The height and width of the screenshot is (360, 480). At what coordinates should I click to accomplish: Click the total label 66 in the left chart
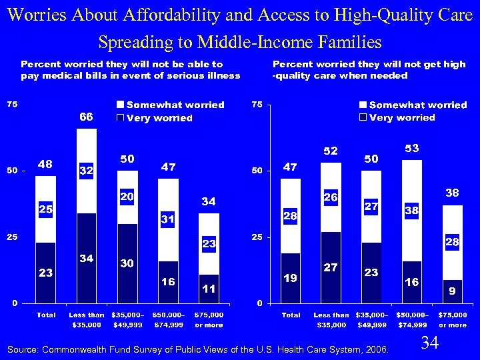[86, 117]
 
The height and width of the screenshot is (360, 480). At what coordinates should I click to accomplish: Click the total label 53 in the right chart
[412, 147]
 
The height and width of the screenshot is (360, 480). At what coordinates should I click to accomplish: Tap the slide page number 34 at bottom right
[430, 343]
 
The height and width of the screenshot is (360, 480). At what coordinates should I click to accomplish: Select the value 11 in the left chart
[209, 288]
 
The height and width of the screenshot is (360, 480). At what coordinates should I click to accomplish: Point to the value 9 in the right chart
[453, 291]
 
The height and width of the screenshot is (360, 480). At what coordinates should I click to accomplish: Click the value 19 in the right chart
[291, 277]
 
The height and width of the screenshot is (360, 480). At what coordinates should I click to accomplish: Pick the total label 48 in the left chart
[45, 164]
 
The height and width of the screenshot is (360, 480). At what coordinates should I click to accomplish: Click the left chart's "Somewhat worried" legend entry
[169, 105]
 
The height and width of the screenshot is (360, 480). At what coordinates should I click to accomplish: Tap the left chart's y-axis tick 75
[12, 105]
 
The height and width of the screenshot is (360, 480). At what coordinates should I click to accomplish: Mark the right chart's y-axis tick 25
[255, 237]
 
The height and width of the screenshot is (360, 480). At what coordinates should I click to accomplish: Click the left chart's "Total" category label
[45, 315]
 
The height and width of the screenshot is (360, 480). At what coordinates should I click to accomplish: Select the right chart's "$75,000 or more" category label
[453, 319]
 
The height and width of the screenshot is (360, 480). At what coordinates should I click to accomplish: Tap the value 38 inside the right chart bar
[412, 210]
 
